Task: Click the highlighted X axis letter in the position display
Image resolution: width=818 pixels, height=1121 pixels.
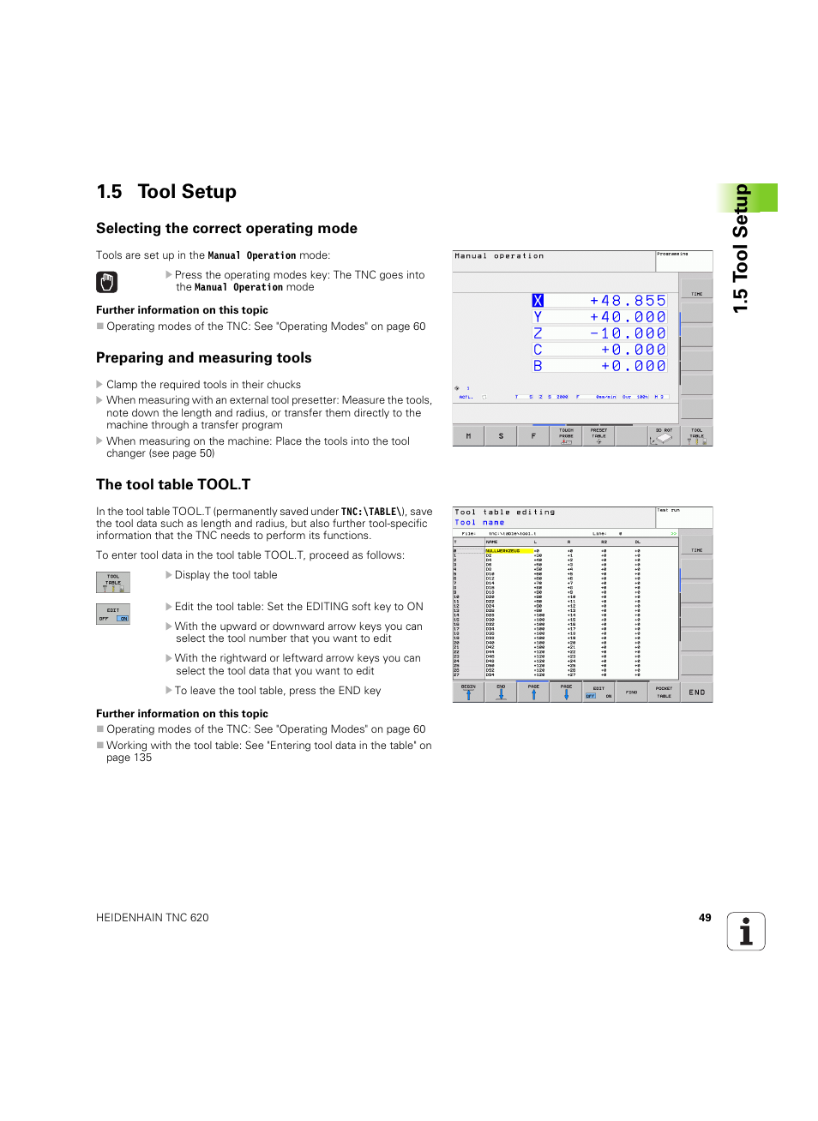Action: pos(538,301)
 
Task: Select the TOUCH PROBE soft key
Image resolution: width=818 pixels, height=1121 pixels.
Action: pos(566,435)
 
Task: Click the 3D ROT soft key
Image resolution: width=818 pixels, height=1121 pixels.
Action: pos(664,435)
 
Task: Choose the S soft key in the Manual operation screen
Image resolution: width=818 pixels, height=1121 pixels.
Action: pos(501,436)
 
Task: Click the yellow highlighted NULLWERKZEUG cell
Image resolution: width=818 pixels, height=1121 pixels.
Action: pos(508,551)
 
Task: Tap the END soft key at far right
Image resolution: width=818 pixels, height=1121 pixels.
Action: pos(696,692)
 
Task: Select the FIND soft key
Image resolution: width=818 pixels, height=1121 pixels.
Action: pos(631,692)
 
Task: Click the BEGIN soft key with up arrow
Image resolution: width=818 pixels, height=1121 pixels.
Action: pos(468,692)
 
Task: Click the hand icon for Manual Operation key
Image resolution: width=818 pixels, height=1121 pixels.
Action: pos(107,282)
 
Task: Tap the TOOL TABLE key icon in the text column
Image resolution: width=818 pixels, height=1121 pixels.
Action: pos(113,583)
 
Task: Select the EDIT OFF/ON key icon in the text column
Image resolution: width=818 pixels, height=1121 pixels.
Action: pos(113,614)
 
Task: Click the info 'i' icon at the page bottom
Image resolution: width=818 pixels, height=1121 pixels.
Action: pos(746,932)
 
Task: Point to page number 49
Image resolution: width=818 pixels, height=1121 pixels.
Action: pos(705,918)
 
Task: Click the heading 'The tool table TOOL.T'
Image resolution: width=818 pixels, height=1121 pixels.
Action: pos(173,485)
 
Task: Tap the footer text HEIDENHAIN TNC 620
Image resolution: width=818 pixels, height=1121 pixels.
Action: pos(153,918)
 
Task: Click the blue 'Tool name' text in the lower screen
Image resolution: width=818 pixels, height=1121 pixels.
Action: pos(479,523)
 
